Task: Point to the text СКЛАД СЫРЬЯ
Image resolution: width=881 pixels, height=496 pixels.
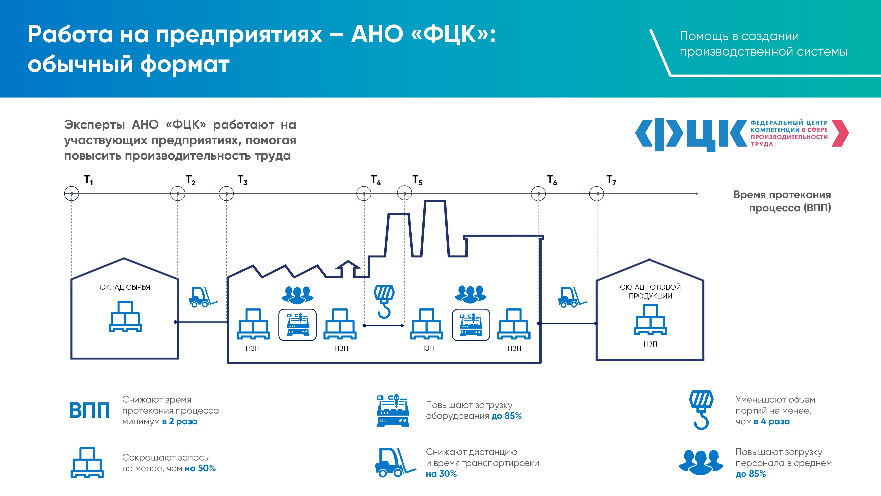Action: tap(125, 287)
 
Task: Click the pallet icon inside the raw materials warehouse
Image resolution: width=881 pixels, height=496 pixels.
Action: tap(125, 316)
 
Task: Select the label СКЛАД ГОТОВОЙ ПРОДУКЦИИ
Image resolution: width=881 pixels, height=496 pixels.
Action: tap(650, 291)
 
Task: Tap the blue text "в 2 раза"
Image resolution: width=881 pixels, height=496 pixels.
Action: tap(180, 421)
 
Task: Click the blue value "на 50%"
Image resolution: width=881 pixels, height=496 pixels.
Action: tap(200, 468)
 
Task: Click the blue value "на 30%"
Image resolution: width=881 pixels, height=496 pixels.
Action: tap(441, 474)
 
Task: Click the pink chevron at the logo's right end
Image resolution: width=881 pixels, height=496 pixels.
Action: tap(840, 133)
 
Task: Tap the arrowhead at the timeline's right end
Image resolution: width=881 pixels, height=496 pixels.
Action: tap(697, 194)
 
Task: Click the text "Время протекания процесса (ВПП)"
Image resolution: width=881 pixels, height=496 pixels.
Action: tap(782, 201)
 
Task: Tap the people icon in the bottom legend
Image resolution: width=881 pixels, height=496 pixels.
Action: tap(701, 462)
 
